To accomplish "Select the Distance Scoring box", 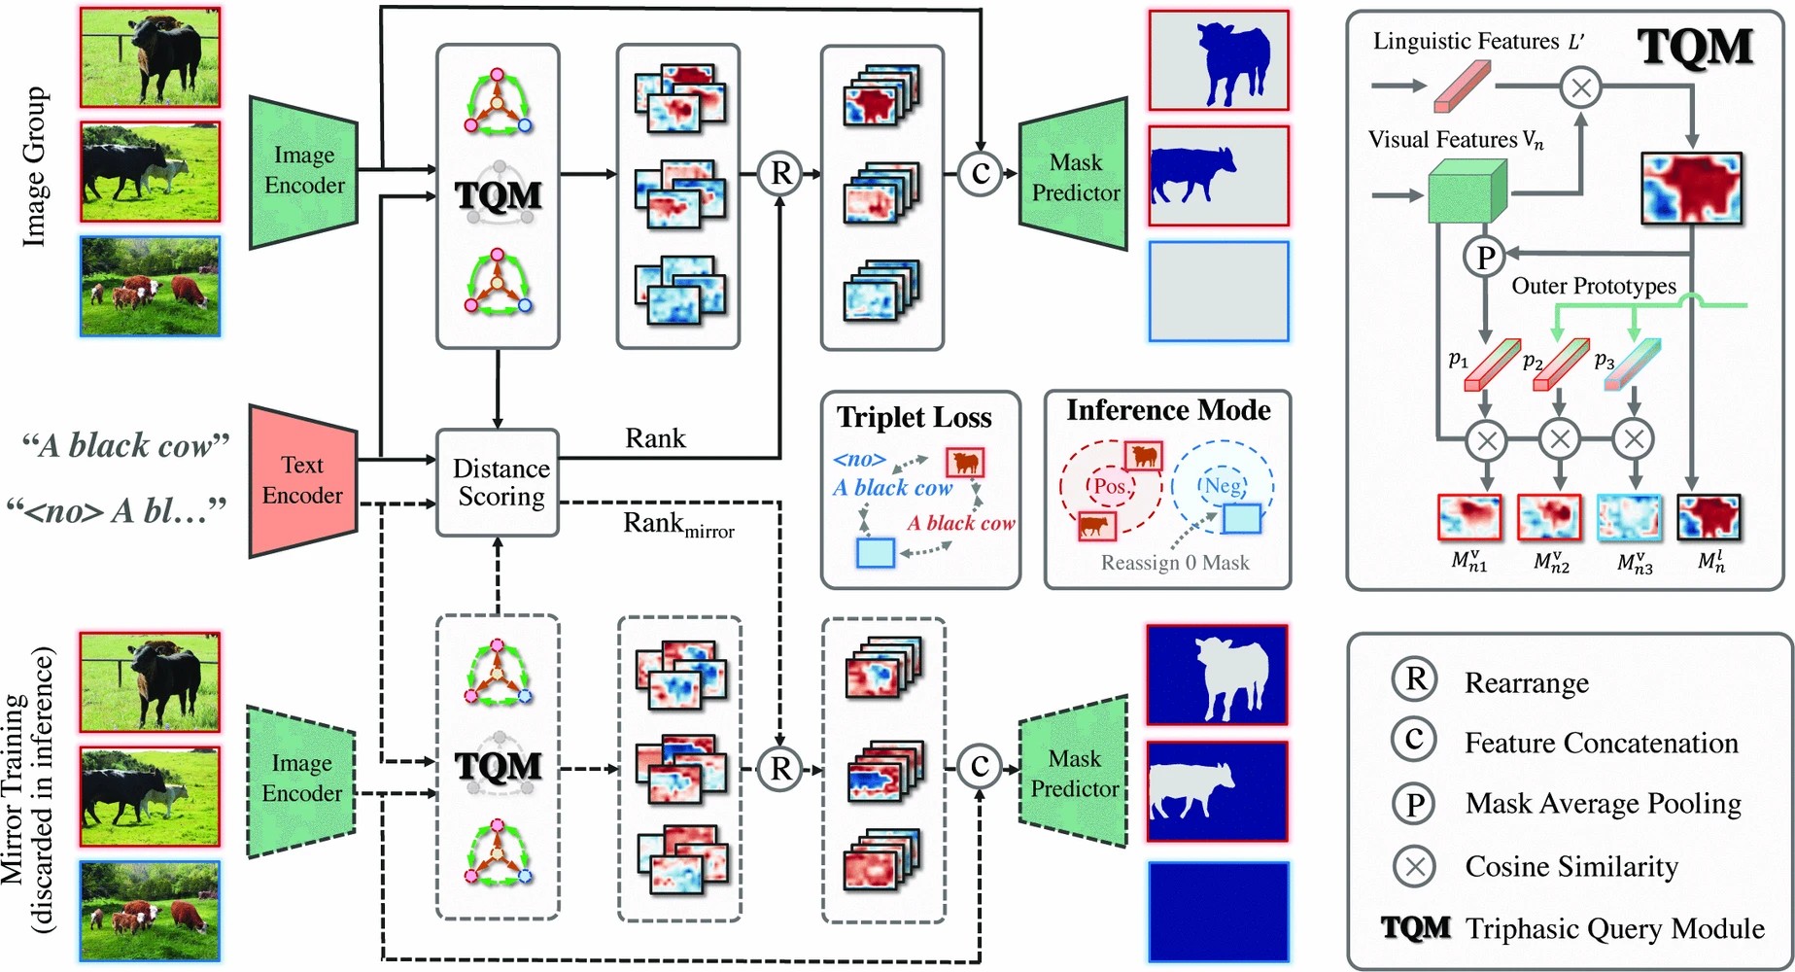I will coord(498,482).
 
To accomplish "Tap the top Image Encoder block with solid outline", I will coord(304,171).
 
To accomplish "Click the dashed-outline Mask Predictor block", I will coord(1074,773).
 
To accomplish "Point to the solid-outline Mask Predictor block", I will coord(1074,177).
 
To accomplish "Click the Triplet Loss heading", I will coord(915,417).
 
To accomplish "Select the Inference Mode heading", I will coord(1168,410).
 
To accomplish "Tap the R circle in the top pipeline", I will coord(780,173).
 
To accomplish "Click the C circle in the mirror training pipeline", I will coord(980,766).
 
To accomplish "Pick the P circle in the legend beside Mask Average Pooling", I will coord(1415,804).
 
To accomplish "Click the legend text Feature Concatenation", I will coord(1601,744).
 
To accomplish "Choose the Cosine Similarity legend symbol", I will coord(1415,865).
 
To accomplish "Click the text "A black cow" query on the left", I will coord(126,445).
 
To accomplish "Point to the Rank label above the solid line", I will coord(655,438).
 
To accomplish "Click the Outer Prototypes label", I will coord(1593,286).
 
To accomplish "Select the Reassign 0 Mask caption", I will coord(1174,563).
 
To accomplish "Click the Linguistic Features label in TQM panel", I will coord(1477,42).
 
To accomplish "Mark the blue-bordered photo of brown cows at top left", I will coord(151,286).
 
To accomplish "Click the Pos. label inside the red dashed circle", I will coord(1110,486).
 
